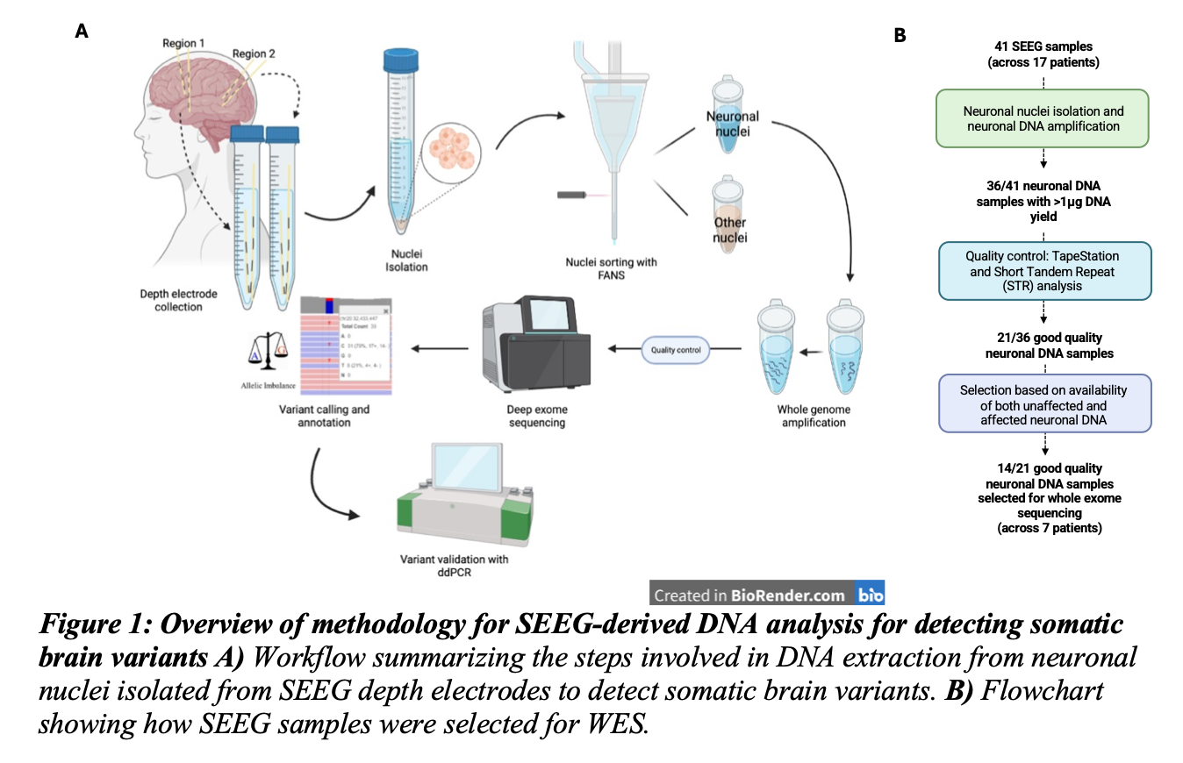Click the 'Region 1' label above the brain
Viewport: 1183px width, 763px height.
[183, 42]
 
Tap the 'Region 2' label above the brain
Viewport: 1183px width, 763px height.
[254, 54]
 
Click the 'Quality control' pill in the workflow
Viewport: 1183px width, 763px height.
[676, 350]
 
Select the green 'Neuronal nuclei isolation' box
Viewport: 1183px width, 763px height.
[1043, 118]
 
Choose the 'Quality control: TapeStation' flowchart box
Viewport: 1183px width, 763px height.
[1043, 270]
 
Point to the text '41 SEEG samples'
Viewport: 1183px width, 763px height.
[1043, 46]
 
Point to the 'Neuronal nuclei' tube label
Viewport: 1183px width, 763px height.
[733, 124]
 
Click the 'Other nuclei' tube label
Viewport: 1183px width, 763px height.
[729, 230]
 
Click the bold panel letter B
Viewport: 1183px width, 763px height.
[900, 35]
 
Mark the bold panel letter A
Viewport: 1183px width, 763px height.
[82, 32]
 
